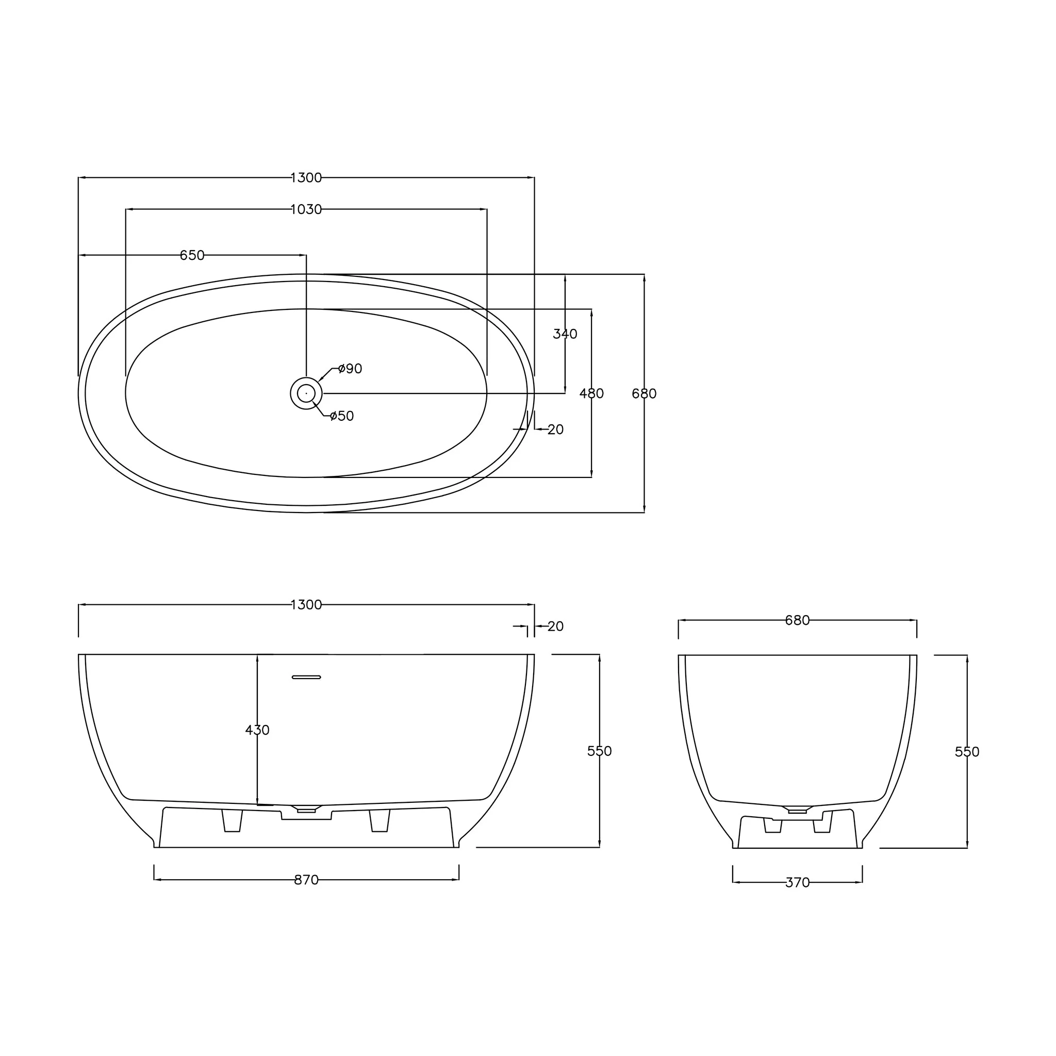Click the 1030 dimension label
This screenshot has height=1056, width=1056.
(x=306, y=209)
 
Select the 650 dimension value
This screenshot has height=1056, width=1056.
(x=192, y=255)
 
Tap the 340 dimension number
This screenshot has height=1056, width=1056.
(x=565, y=334)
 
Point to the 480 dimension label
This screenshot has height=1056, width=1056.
(x=591, y=393)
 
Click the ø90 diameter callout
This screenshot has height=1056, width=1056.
(x=350, y=369)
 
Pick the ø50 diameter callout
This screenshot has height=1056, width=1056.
(x=342, y=416)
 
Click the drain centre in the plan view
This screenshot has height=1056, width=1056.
(x=306, y=393)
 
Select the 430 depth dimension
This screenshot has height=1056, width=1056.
(x=257, y=730)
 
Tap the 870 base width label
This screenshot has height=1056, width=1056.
(x=306, y=880)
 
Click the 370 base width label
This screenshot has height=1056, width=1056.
(x=798, y=883)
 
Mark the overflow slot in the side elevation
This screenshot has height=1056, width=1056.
(x=306, y=677)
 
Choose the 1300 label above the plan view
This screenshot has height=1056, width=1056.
(x=306, y=178)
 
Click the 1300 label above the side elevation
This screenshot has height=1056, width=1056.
(x=306, y=604)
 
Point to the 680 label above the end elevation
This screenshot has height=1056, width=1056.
(x=798, y=620)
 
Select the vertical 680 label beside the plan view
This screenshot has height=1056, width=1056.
(x=644, y=393)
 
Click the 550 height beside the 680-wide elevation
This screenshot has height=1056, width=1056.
(x=967, y=752)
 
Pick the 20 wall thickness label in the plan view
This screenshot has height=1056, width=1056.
(x=555, y=430)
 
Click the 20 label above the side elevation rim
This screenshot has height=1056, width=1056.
(x=555, y=626)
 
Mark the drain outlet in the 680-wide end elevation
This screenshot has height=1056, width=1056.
(x=798, y=811)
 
